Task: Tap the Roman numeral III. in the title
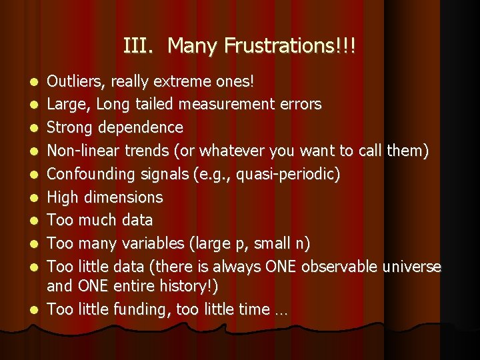pyautogui.click(x=139, y=46)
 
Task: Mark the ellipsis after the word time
pyautogui.click(x=279, y=311)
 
